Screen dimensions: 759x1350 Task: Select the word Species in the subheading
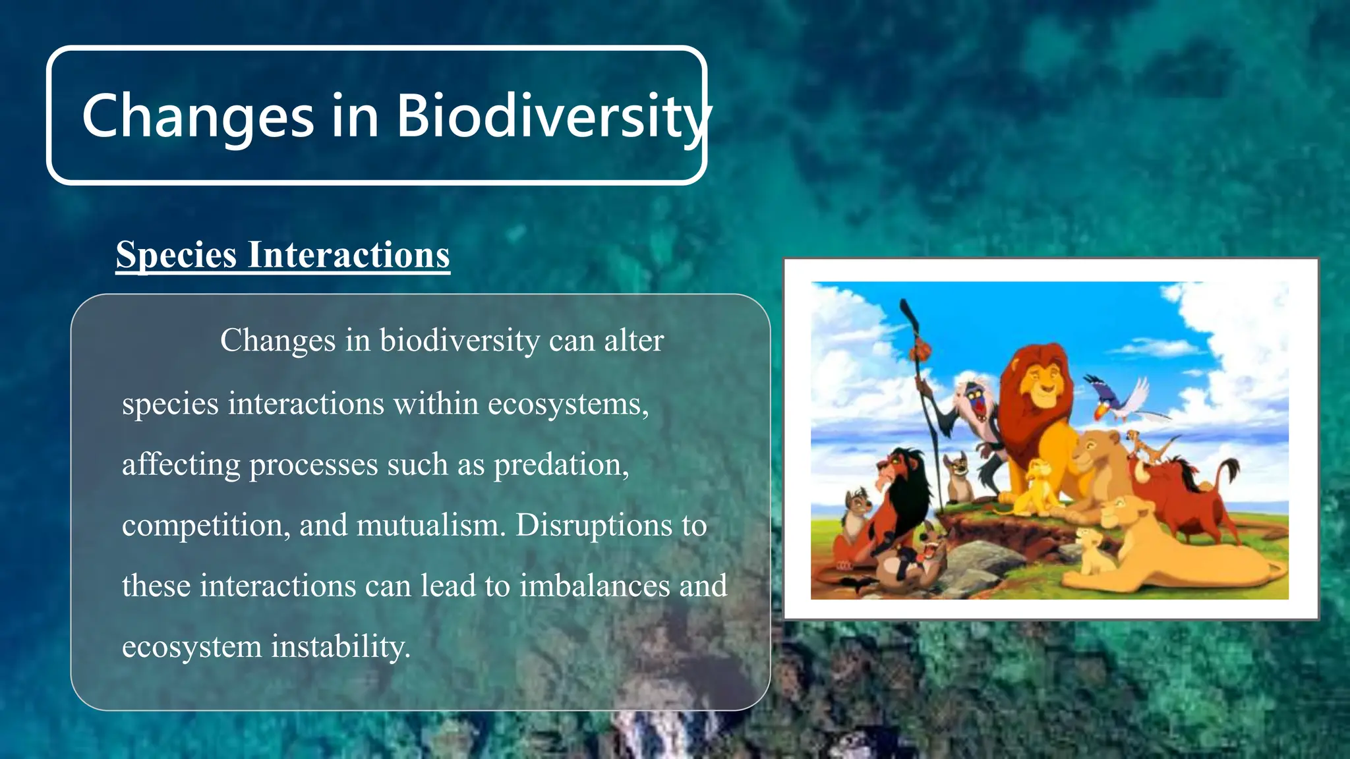[x=176, y=255]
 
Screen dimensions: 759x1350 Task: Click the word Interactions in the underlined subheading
[x=349, y=255]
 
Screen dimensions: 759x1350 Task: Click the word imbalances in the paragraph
[x=594, y=586]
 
